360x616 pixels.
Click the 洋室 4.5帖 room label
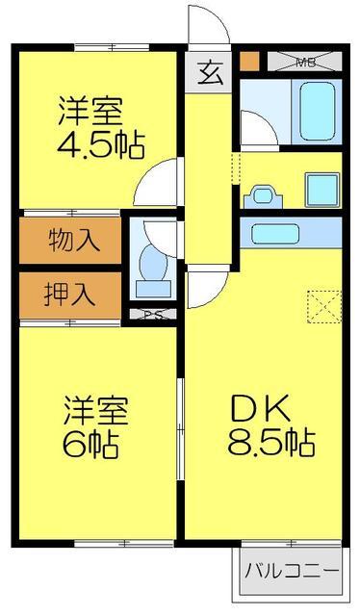point(101,127)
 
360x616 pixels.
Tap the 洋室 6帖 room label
point(95,426)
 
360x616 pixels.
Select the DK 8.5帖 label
point(269,427)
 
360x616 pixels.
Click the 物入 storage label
point(72,239)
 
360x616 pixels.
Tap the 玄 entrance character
point(210,72)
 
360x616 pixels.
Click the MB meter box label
point(305,63)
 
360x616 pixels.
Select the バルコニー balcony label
point(291,569)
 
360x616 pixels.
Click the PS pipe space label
point(151,313)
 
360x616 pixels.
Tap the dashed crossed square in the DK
point(318,305)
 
